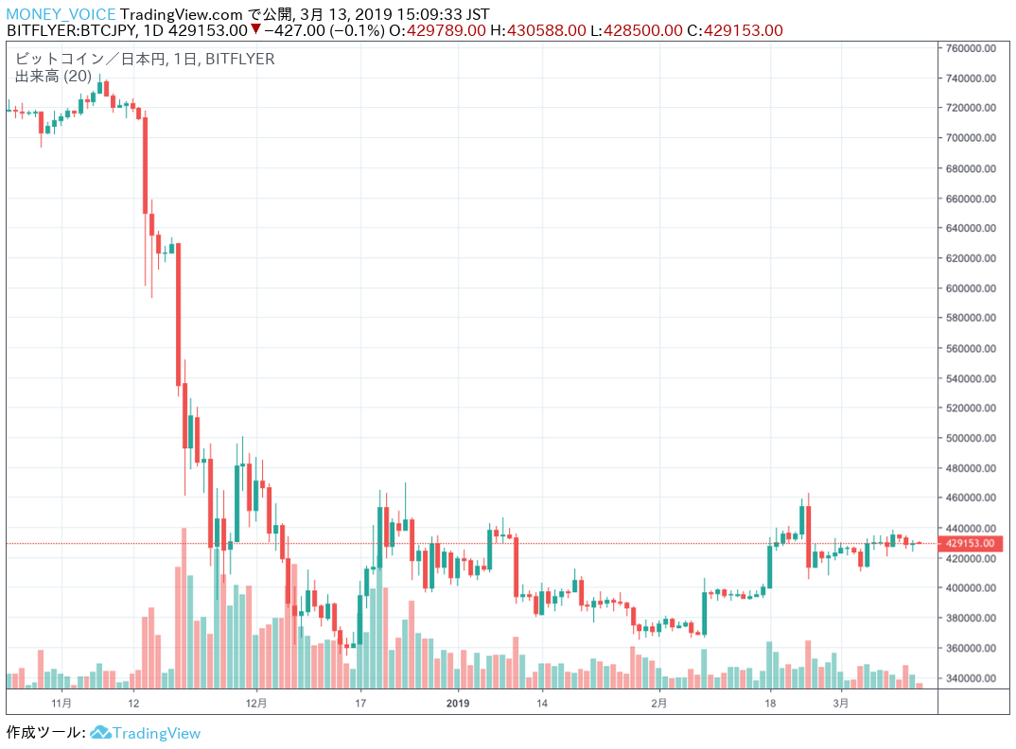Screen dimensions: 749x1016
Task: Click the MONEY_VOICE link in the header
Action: point(61,14)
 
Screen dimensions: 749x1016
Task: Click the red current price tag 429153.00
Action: point(969,544)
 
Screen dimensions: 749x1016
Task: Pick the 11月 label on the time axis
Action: point(61,704)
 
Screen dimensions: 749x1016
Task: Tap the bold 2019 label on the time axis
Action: point(457,704)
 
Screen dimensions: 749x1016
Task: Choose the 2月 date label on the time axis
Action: point(659,704)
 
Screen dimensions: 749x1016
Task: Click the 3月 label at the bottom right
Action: point(840,704)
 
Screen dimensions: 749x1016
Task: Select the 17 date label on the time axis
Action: point(360,704)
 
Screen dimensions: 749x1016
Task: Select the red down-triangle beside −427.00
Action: point(255,30)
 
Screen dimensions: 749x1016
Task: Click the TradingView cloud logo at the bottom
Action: point(101,733)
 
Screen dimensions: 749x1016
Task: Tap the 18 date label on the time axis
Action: point(771,704)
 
